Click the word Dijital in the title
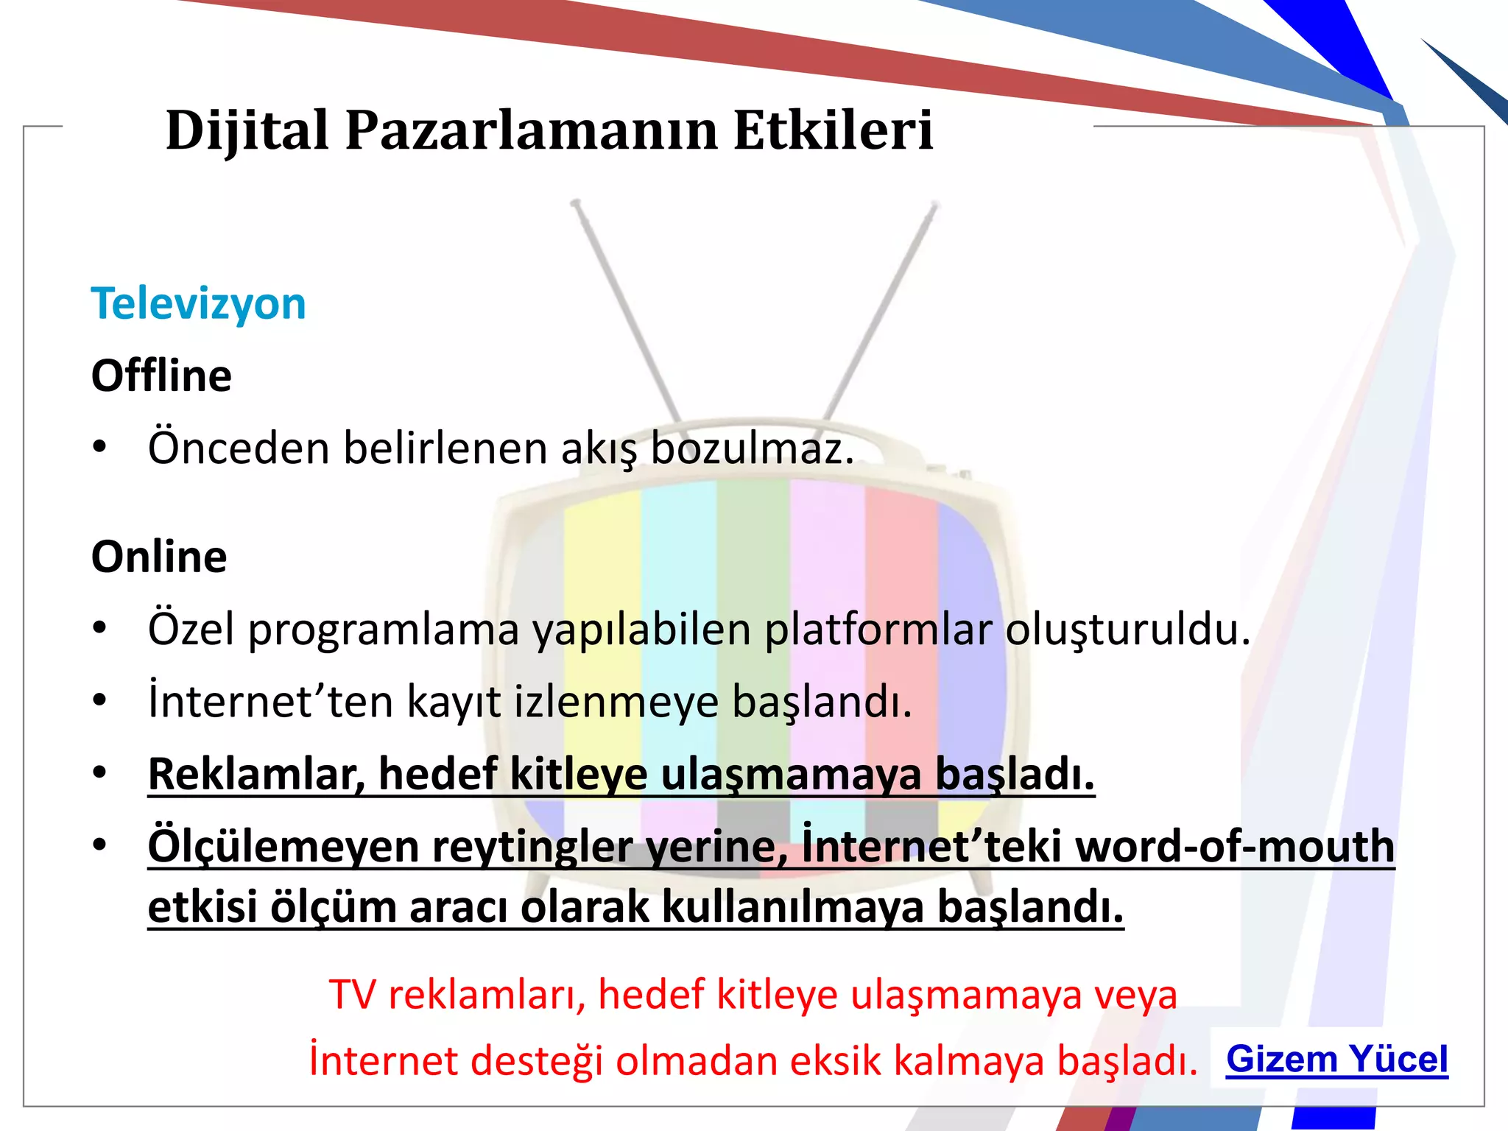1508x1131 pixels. [247, 131]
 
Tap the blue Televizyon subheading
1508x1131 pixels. [198, 303]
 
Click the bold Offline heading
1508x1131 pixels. [161, 376]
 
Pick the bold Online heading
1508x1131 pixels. [159, 557]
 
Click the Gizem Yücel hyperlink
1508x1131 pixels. [1336, 1060]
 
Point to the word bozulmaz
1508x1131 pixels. [752, 448]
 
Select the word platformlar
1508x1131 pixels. [878, 630]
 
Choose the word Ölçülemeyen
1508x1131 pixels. [283, 846]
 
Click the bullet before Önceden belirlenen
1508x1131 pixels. [100, 447]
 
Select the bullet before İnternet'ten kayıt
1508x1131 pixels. [100, 700]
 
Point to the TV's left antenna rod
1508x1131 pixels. [626, 309]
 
